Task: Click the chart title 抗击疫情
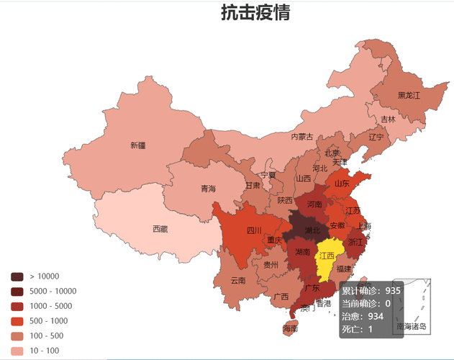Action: point(255,13)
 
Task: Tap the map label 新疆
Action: point(137,145)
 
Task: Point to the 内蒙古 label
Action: point(301,136)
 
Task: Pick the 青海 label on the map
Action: point(208,189)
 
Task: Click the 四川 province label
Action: point(254,230)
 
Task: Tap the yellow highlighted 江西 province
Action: point(327,256)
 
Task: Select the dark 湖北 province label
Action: point(312,230)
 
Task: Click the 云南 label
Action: point(238,280)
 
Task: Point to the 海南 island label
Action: point(289,328)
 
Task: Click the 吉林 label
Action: point(388,120)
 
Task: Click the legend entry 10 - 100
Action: point(45,350)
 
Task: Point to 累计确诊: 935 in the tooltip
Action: point(371,291)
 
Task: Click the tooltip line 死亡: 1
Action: point(357,329)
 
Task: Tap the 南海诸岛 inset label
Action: point(412,326)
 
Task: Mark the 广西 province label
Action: point(281,296)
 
